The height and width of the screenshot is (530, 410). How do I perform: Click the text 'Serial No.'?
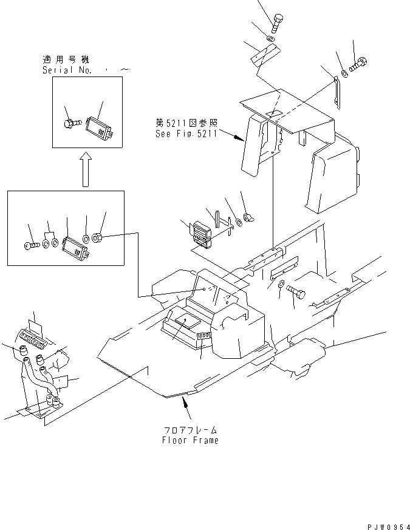(67, 70)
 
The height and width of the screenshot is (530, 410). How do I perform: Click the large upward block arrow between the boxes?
(86, 169)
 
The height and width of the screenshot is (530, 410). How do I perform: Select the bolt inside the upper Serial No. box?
(70, 123)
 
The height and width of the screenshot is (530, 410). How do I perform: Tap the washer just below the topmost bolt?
(271, 41)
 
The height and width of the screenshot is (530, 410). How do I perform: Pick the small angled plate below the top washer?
(264, 56)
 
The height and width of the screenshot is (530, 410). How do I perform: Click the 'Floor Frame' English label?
(190, 440)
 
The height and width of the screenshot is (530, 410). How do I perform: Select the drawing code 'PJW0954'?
(386, 522)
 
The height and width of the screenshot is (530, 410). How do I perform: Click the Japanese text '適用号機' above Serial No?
(66, 60)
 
